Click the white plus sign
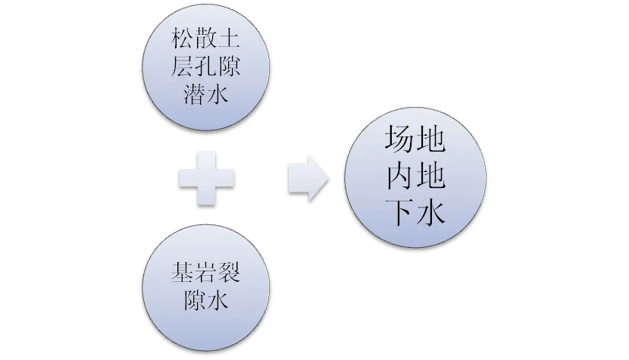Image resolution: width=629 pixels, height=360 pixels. click(206, 179)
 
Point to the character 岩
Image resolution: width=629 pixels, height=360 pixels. click(205, 273)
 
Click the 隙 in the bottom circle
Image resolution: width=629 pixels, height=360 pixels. click(195, 302)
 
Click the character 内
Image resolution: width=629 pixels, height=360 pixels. click(400, 177)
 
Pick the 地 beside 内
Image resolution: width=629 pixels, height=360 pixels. click(430, 177)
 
